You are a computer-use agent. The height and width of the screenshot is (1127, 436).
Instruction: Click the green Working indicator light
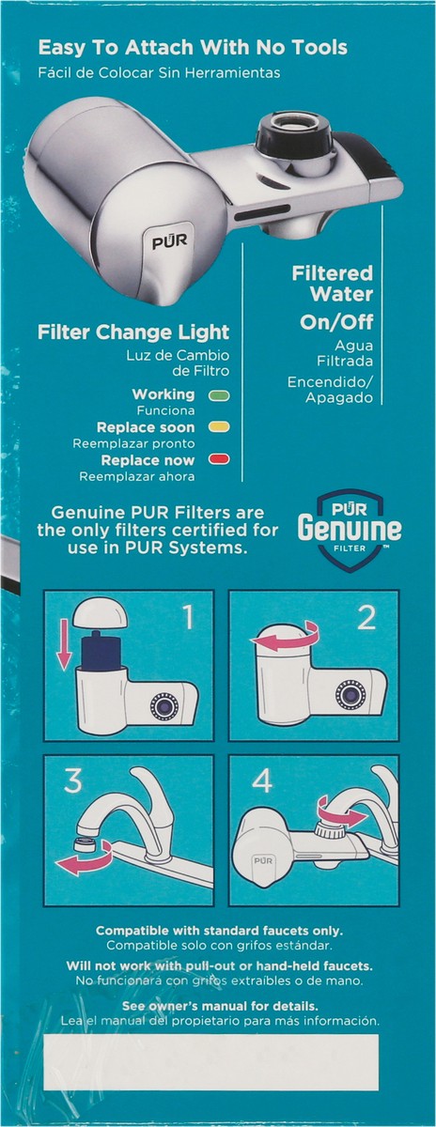(219, 395)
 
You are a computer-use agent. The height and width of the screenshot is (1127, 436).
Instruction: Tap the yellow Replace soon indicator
(219, 427)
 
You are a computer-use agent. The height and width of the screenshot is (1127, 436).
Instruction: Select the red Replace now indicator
(219, 459)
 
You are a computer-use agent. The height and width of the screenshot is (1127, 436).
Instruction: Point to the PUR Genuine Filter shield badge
(350, 531)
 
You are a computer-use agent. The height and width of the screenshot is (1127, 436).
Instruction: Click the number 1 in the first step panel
(188, 618)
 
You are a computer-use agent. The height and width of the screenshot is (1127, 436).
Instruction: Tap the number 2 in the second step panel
(366, 618)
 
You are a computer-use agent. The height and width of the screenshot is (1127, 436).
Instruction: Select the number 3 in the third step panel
(72, 780)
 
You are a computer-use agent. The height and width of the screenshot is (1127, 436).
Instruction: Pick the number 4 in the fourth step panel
(262, 780)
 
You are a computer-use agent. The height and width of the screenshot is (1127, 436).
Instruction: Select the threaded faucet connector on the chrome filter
(293, 129)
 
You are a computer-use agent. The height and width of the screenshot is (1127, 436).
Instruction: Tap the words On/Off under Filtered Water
(336, 322)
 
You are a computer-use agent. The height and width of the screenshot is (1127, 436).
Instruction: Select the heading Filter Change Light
(133, 332)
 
